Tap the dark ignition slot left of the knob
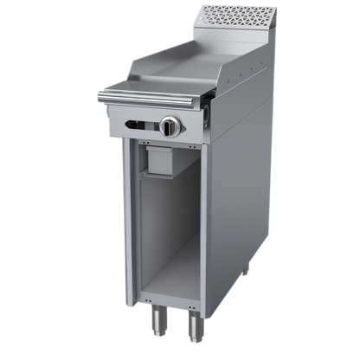tap(137, 125)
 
